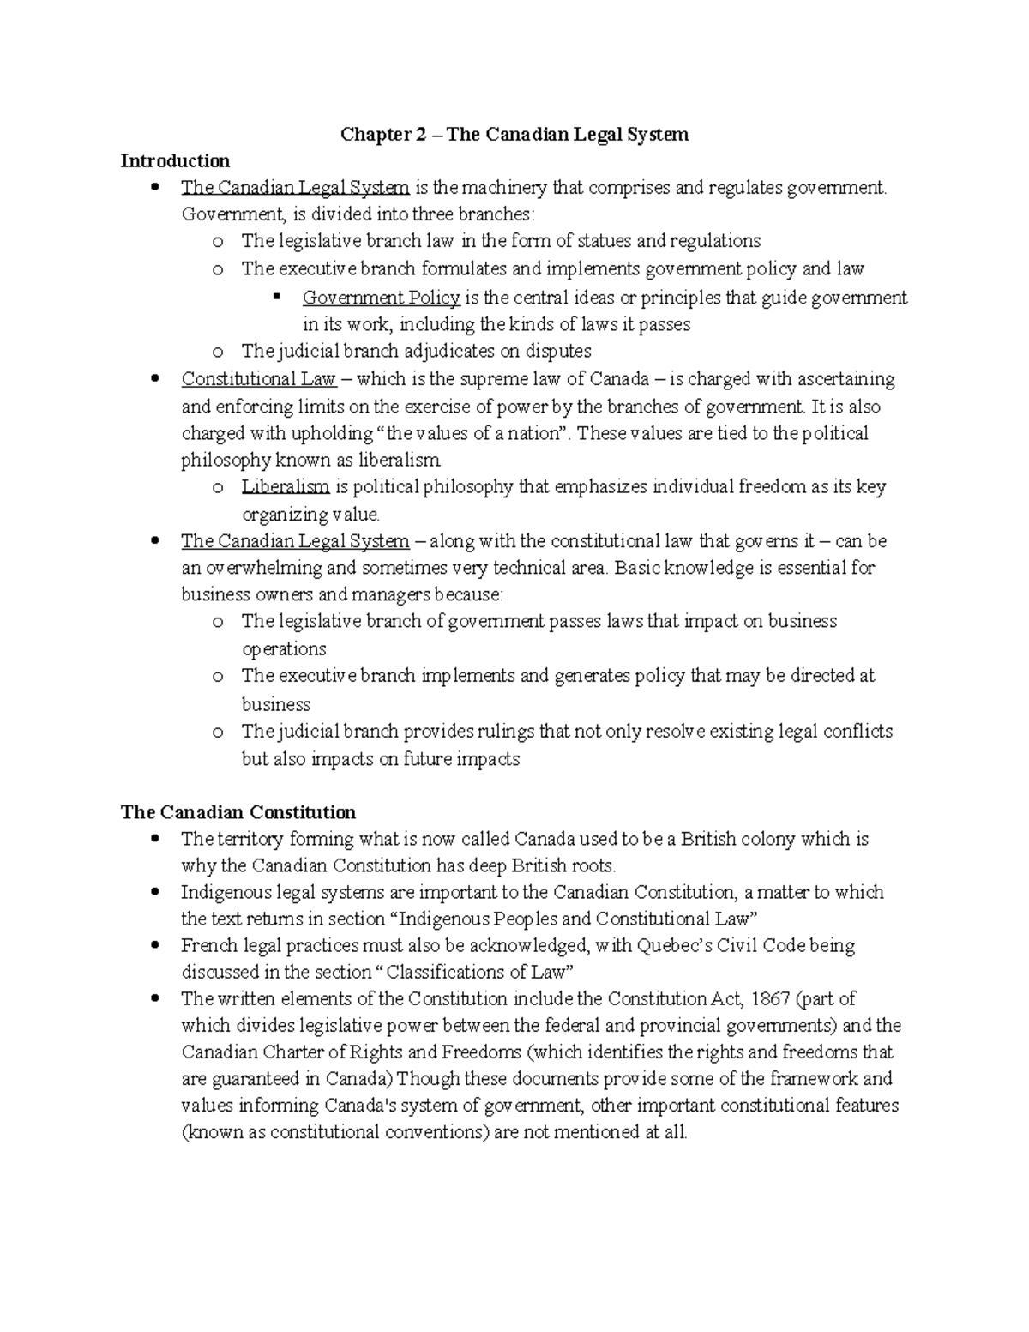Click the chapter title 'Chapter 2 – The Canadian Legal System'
click(x=514, y=134)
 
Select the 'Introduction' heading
click(x=175, y=160)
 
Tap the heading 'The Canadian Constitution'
click(x=238, y=811)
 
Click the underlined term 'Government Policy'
click(x=381, y=298)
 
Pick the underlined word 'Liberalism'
click(x=285, y=487)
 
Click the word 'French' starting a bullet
click(x=207, y=945)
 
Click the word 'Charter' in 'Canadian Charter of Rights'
click(x=294, y=1052)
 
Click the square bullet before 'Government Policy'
click(x=276, y=297)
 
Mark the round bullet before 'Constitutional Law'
click(x=154, y=379)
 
